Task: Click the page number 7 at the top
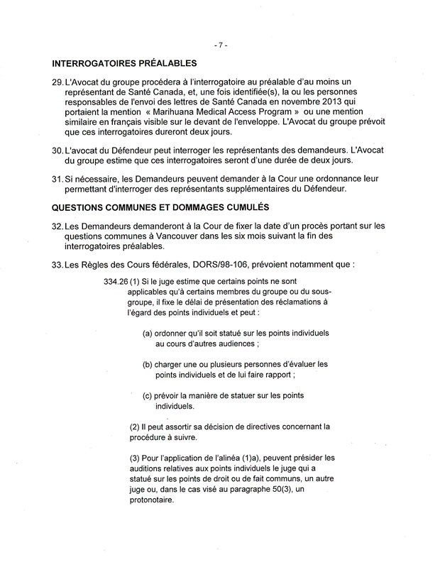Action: click(x=220, y=45)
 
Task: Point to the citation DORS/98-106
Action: click(x=215, y=263)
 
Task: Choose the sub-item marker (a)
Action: click(x=147, y=333)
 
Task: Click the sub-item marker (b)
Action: click(x=147, y=364)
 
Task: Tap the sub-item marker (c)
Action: click(x=147, y=396)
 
